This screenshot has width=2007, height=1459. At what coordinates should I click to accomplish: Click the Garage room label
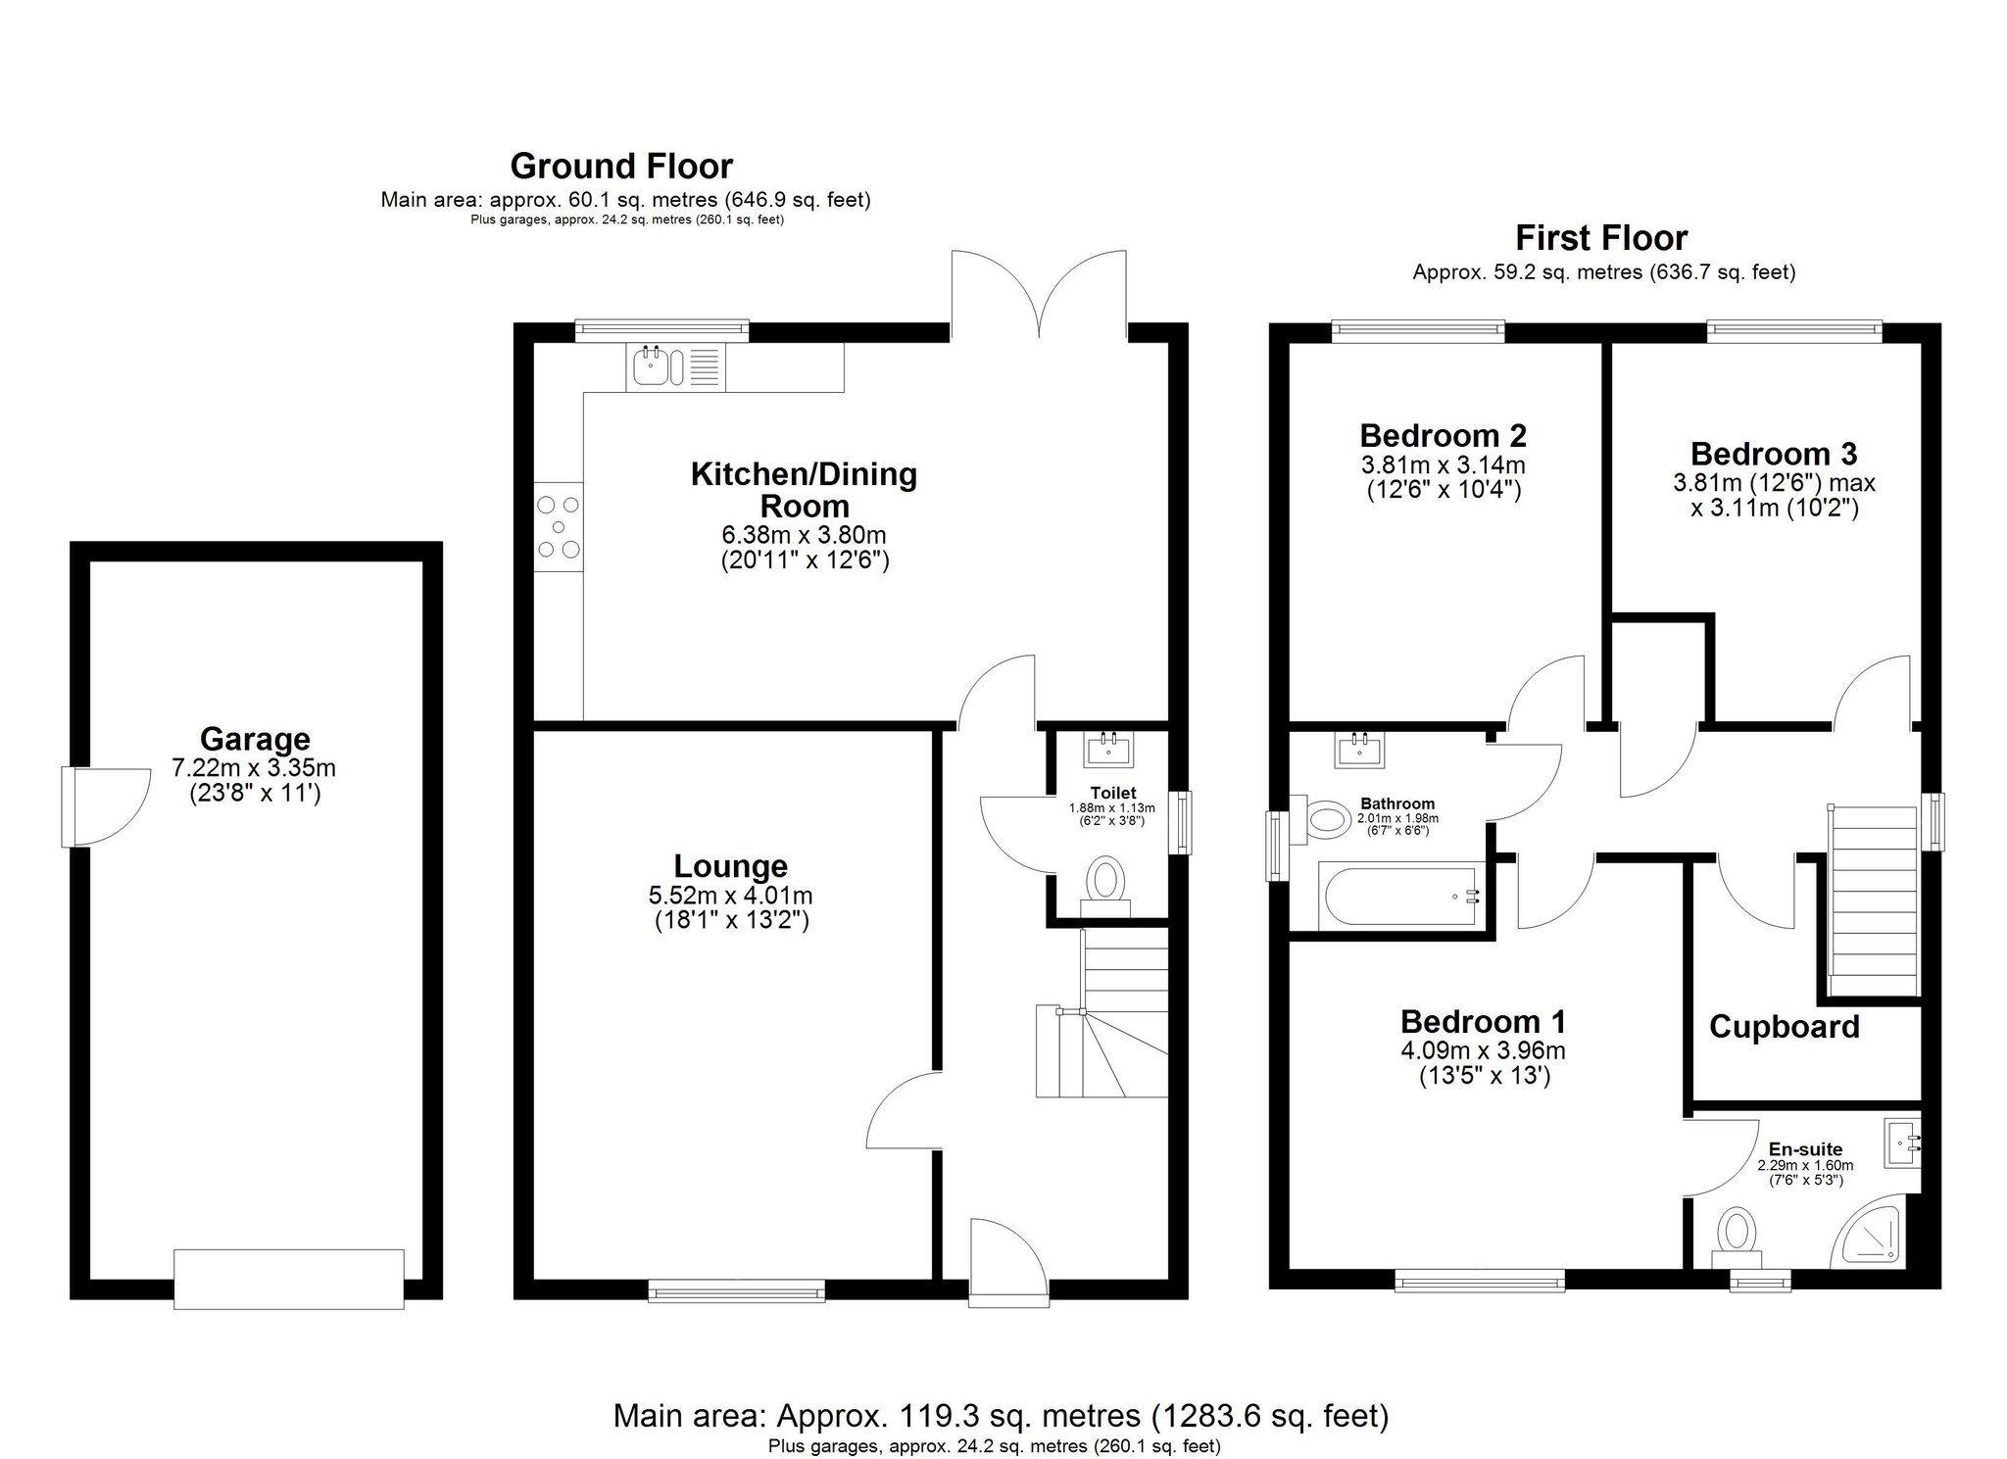point(255,739)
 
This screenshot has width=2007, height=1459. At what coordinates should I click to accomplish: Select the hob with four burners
point(558,529)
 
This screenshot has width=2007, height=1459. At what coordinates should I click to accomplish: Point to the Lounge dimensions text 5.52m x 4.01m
point(731,896)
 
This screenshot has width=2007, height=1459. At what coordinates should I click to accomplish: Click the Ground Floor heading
point(621,166)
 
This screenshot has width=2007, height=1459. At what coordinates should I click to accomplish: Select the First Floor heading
point(1602,238)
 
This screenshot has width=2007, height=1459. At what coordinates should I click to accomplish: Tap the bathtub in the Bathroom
point(1400,896)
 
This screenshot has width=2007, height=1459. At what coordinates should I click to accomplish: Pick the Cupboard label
point(1785,1027)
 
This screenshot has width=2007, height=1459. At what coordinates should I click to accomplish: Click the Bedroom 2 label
point(1444,435)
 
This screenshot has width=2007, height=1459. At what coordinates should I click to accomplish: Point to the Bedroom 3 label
point(1774,454)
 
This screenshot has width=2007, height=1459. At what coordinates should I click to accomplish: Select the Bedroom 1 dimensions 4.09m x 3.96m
point(1483,1051)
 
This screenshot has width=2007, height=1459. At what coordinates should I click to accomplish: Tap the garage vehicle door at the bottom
point(289,1279)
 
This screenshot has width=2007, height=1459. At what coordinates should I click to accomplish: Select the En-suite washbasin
point(1902,1143)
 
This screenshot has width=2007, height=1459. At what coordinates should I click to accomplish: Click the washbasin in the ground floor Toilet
point(1108,749)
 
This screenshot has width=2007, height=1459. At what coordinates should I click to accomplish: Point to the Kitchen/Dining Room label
point(804,490)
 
